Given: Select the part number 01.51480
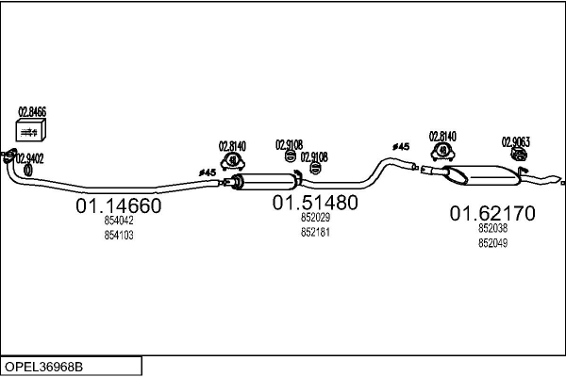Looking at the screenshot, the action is (315, 203).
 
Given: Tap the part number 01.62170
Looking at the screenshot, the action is (491, 214).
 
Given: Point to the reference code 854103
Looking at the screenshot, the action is (119, 236).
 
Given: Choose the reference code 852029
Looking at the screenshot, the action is (315, 218).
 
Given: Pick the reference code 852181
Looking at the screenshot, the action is (315, 232).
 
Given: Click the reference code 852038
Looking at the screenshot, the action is (492, 228).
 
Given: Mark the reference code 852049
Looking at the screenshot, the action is (492, 242).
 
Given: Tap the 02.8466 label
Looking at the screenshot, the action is (31, 111).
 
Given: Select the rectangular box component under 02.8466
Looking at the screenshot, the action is (31, 131).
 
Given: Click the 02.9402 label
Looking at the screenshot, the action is (28, 158).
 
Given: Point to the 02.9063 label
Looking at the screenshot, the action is (515, 142).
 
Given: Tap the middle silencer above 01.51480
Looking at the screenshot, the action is (267, 182).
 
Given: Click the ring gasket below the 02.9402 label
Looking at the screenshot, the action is (27, 171).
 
